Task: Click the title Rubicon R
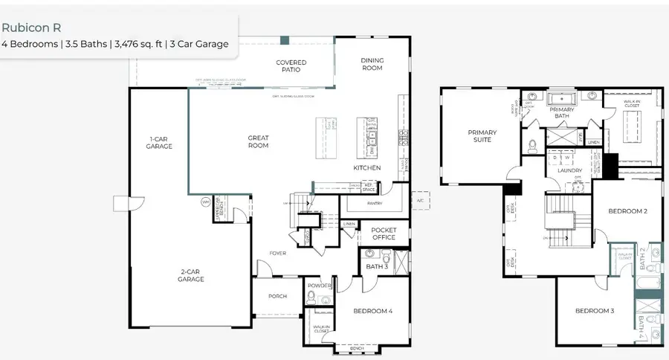point(30,26)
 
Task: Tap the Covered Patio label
point(291,66)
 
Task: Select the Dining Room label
point(372,64)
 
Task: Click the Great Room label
point(258,141)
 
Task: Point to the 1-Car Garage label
point(159,143)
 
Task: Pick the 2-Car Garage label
point(191,275)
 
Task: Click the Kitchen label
point(366,168)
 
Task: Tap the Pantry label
point(375,202)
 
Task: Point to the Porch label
point(277,296)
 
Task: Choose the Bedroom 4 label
point(372,311)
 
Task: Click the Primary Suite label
point(482,136)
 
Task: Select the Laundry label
point(569,170)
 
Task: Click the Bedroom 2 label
point(627,211)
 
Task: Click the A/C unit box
point(419,201)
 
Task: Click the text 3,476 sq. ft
point(143,44)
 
